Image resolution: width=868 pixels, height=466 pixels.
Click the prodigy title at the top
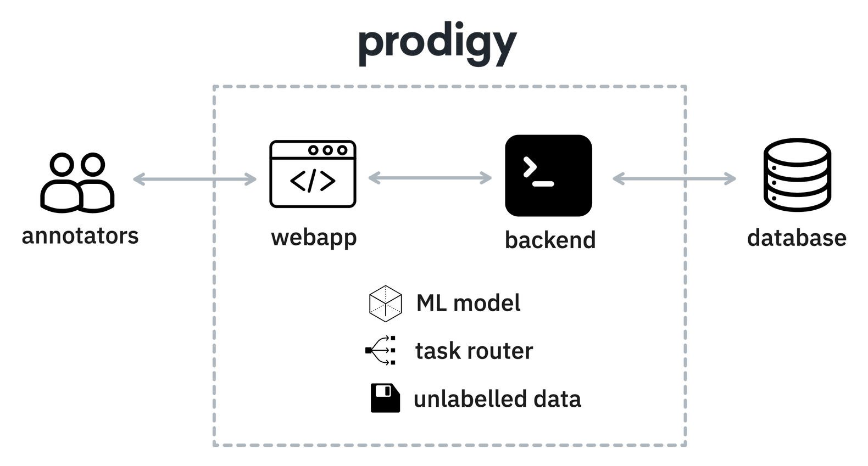(437, 47)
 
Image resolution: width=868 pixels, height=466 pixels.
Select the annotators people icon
(77, 182)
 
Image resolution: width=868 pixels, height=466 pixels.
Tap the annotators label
(80, 236)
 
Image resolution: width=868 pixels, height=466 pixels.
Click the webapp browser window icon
(312, 174)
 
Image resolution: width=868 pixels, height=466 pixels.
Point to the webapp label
(314, 238)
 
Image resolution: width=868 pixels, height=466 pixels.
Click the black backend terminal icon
(548, 175)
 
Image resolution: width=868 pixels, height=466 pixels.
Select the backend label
(550, 240)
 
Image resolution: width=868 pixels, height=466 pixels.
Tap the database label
(796, 238)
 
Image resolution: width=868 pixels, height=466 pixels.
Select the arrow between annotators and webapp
(194, 179)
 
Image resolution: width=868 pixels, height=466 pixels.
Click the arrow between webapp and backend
(430, 178)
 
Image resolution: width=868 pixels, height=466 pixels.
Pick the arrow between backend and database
(674, 178)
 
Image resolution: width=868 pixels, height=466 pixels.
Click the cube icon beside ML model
(385, 303)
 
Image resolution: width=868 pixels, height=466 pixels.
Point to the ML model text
(468, 303)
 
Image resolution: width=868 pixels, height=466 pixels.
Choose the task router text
(474, 351)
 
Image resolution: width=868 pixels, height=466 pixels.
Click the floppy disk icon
(386, 398)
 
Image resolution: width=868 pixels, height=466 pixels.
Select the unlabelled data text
(497, 399)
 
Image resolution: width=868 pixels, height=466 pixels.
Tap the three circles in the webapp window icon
(328, 150)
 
